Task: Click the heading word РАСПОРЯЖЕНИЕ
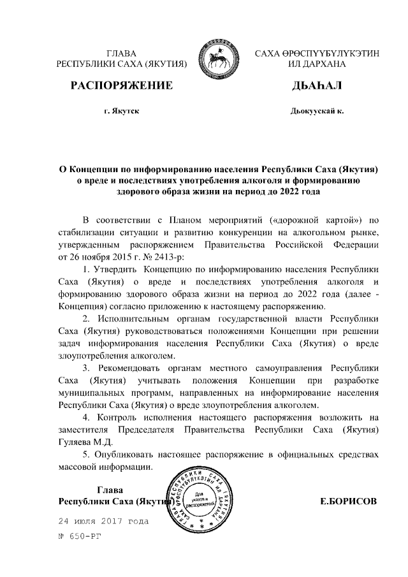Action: point(121,86)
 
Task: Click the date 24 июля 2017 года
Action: point(103,521)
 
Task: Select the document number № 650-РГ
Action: point(80,537)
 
